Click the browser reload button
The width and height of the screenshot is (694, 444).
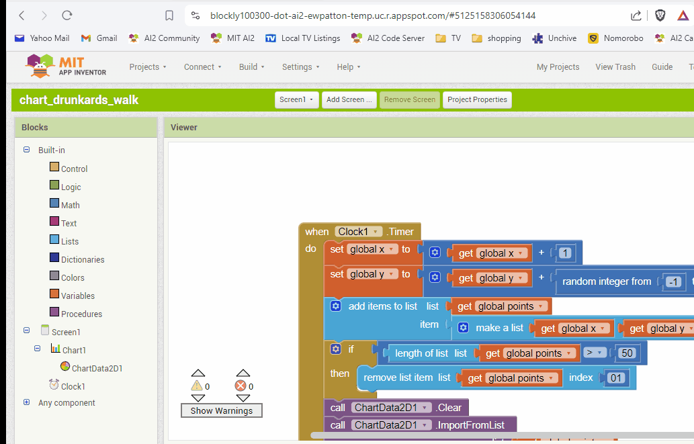point(67,15)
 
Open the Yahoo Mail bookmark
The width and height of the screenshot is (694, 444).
point(42,38)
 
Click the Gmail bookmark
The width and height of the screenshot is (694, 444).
point(99,38)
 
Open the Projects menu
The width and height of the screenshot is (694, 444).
point(148,66)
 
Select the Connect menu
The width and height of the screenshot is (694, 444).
point(202,66)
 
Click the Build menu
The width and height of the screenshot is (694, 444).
point(251,66)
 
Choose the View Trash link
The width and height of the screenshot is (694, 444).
point(615,66)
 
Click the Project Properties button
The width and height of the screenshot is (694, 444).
point(477,99)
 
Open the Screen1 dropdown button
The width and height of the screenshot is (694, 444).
point(296,99)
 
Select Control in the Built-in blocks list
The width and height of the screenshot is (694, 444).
point(74,169)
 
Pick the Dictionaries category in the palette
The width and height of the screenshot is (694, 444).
point(82,259)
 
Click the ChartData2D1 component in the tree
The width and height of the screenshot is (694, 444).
point(97,368)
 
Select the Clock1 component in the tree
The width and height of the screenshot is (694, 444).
point(73,386)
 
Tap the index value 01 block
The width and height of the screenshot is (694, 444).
point(616,378)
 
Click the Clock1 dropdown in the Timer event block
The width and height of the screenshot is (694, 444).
point(359,232)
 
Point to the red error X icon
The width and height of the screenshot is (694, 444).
point(241,386)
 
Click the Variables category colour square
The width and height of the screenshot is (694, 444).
point(54,294)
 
